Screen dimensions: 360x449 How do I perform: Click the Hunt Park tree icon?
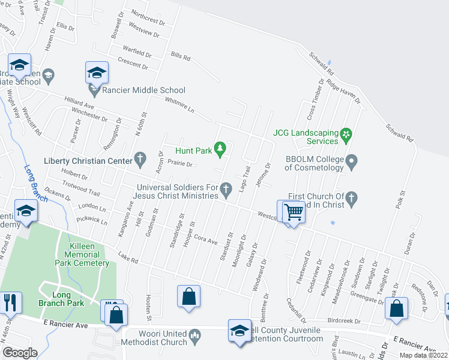[x=220, y=147]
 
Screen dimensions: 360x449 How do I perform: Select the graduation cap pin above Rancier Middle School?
[x=96, y=73]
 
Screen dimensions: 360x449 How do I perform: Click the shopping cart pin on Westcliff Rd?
[x=294, y=212]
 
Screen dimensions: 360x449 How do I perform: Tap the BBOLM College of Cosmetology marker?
[x=352, y=161]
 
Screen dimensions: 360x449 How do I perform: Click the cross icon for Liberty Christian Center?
[x=139, y=159]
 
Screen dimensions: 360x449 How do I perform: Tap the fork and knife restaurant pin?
[x=10, y=302]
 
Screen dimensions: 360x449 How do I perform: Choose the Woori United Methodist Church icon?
[x=194, y=334]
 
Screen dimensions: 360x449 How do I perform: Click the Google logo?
[x=20, y=353]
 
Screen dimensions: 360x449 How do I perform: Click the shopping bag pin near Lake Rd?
[x=189, y=297]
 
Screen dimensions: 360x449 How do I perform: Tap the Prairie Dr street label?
[x=180, y=163]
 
